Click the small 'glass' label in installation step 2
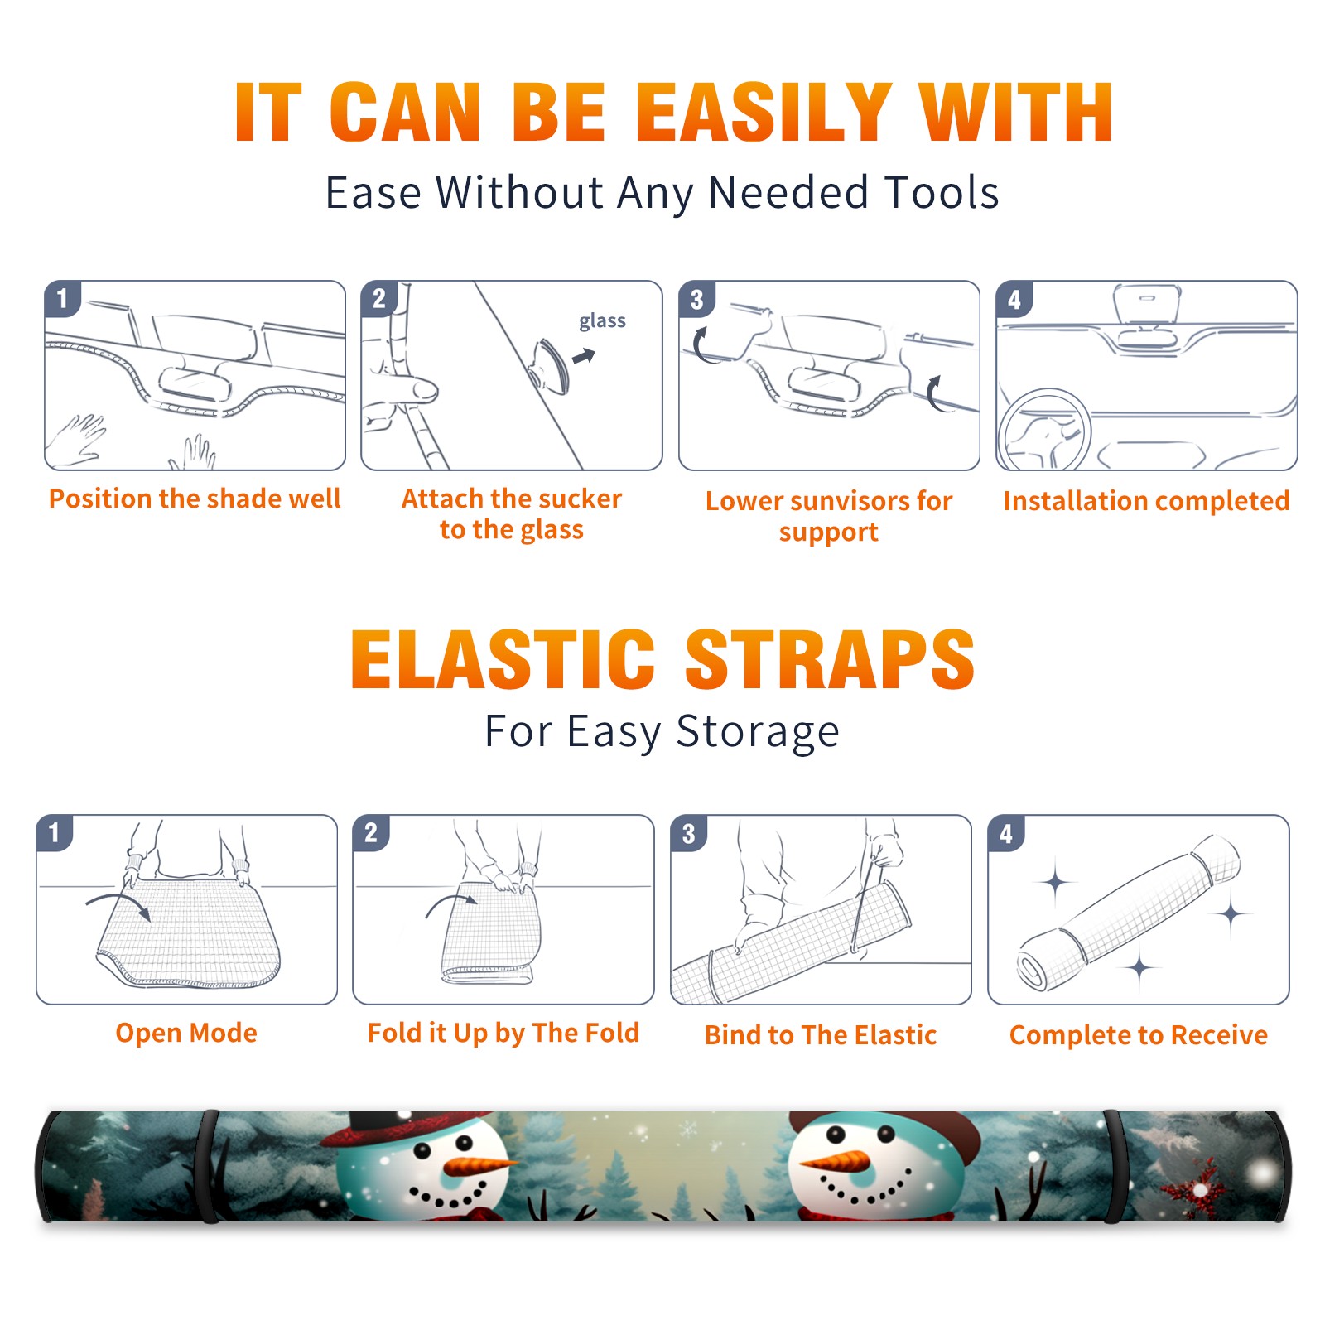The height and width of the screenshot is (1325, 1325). [602, 321]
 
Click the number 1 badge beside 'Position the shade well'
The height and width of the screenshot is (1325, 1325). [62, 297]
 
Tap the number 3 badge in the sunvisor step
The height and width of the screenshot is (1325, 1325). [696, 298]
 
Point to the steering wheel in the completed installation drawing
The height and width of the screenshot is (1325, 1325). [1043, 430]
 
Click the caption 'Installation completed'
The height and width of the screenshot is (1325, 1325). [1146, 500]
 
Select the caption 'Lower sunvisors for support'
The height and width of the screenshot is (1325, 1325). [829, 515]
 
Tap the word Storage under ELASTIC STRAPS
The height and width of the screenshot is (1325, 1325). [758, 732]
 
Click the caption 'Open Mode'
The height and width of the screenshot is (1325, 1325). [186, 1033]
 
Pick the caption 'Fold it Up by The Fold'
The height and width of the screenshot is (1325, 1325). [503, 1033]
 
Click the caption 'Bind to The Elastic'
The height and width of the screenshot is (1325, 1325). [821, 1035]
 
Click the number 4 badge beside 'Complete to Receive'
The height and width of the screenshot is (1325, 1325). [1006, 832]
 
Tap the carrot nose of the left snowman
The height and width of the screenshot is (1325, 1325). [478, 1166]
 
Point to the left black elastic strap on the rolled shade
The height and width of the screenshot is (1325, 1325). [208, 1167]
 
